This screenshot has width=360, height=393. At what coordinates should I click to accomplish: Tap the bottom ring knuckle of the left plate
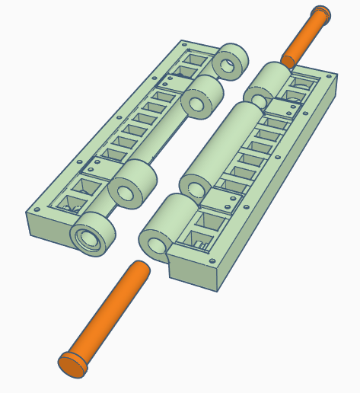[x=94, y=235]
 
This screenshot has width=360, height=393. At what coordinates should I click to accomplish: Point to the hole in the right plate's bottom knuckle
[x=153, y=244]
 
